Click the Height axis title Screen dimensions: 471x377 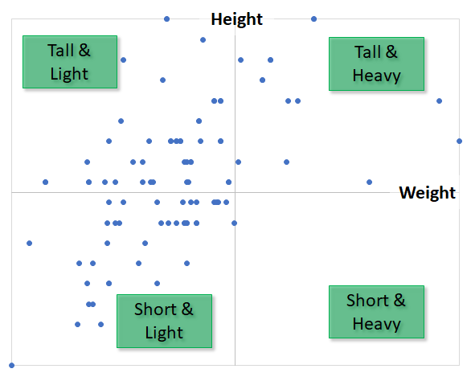point(236,19)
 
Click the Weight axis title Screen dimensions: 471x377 point(427,193)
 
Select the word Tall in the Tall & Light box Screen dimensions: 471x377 point(61,50)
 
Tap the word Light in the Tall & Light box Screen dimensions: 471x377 point(69,74)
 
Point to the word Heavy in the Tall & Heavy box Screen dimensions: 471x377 point(376,76)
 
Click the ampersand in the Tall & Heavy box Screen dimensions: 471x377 point(391,51)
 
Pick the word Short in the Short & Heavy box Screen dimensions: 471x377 point(367,301)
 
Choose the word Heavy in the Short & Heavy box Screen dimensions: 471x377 point(376,324)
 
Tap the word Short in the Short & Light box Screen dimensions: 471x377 point(155,309)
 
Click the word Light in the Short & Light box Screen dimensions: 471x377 point(164,333)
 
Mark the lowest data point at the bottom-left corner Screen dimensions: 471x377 point(12,365)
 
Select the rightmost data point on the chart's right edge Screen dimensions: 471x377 point(459,141)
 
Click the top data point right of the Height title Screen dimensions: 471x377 point(314,19)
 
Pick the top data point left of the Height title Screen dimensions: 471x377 point(166,19)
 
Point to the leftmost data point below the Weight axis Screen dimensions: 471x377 point(30,243)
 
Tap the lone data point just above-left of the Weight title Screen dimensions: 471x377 point(370,182)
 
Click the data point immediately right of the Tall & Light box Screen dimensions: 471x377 point(124,60)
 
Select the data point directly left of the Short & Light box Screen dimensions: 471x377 point(101,325)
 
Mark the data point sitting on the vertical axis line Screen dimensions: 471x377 point(235,223)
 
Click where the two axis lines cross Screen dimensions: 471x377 point(235,192)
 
